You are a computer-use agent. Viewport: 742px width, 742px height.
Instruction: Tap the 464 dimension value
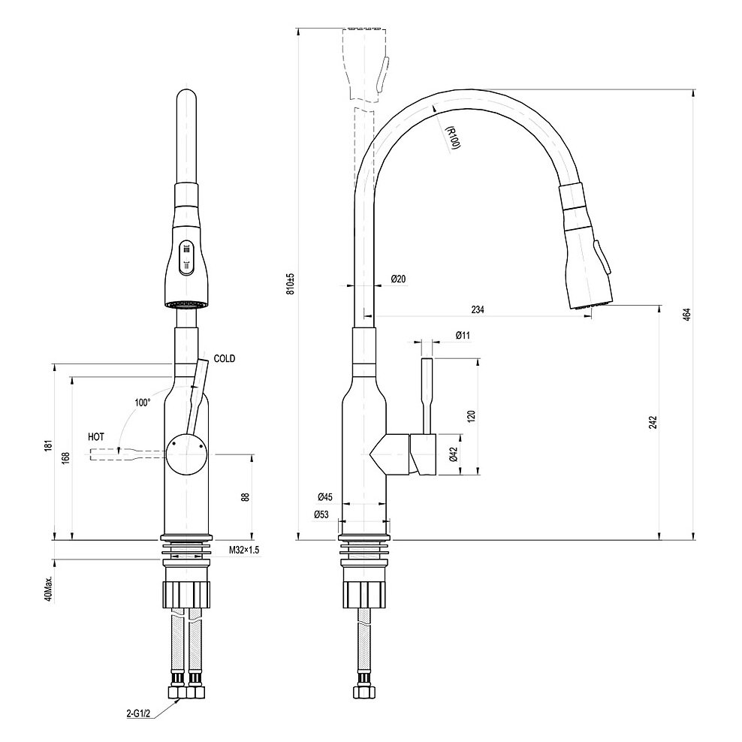pos(686,314)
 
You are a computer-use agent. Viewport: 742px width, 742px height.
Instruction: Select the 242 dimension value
pos(653,423)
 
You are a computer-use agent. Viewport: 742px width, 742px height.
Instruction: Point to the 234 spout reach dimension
pos(478,309)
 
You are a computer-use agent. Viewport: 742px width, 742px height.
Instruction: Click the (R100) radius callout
pos(451,138)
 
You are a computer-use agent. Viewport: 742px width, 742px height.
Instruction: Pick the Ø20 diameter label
pos(398,279)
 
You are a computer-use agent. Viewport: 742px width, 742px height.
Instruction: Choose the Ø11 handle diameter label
pos(463,335)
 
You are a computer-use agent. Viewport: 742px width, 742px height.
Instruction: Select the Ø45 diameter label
pos(324,497)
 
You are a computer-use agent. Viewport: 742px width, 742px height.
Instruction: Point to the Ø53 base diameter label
pos(321,514)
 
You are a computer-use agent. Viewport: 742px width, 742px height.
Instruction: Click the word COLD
pos(225,359)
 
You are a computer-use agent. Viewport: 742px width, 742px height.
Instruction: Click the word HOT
pos(96,436)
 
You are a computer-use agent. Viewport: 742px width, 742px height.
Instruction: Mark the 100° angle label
pos(142,403)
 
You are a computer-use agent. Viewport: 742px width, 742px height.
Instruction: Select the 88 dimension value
pos(246,497)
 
